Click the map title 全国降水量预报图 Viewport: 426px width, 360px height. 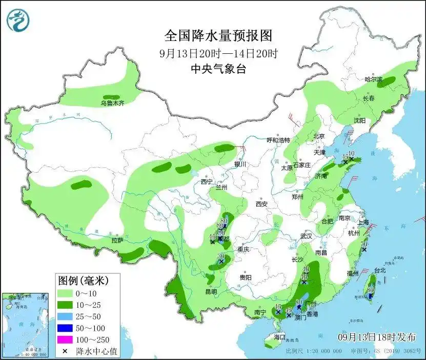click(x=217, y=36)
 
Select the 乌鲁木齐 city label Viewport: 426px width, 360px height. click(x=112, y=103)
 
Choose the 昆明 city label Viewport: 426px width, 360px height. click(x=211, y=291)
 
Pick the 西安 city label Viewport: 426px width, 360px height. click(x=261, y=204)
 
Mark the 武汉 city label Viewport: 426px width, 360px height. click(x=307, y=237)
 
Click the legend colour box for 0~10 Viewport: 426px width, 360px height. click(x=65, y=293)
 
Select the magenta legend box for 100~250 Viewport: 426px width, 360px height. click(x=65, y=340)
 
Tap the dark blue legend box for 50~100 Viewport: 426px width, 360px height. click(x=65, y=328)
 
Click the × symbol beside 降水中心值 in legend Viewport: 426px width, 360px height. click(x=65, y=351)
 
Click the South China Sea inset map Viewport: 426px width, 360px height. click(x=26, y=325)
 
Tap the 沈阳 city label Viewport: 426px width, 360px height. click(x=359, y=121)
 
